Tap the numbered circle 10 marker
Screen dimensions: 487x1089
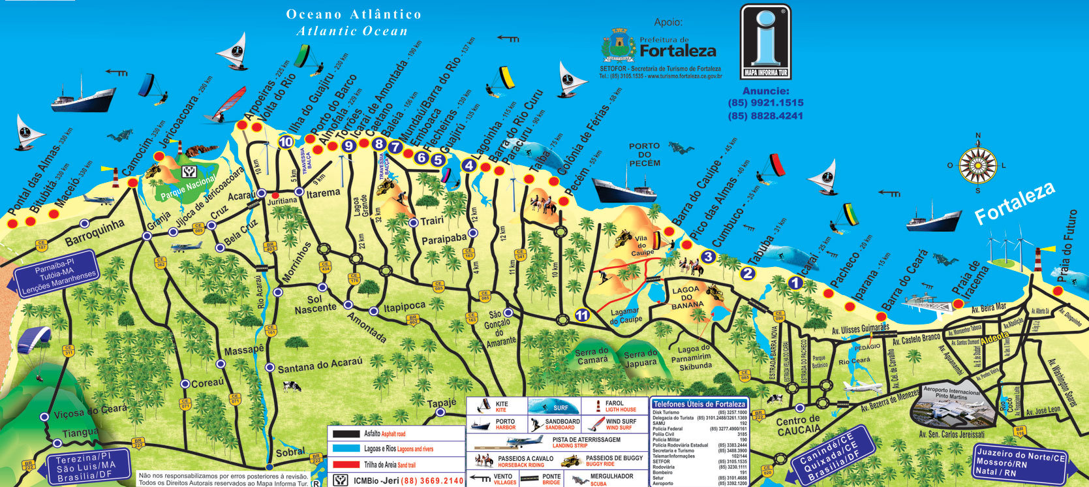point(286,142)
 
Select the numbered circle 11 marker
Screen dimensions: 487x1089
point(582,315)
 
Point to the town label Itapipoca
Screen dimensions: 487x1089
point(405,306)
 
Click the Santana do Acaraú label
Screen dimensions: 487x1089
point(320,366)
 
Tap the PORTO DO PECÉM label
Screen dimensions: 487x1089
point(645,155)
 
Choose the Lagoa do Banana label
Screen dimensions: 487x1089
point(685,296)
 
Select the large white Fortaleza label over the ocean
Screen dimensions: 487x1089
point(1014,203)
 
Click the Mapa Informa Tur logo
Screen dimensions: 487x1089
point(765,41)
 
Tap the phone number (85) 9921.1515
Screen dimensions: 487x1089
point(765,103)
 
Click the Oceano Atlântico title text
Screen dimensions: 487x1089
point(354,14)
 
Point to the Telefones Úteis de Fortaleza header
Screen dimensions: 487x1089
point(699,404)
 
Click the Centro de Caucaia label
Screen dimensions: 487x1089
point(797,425)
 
